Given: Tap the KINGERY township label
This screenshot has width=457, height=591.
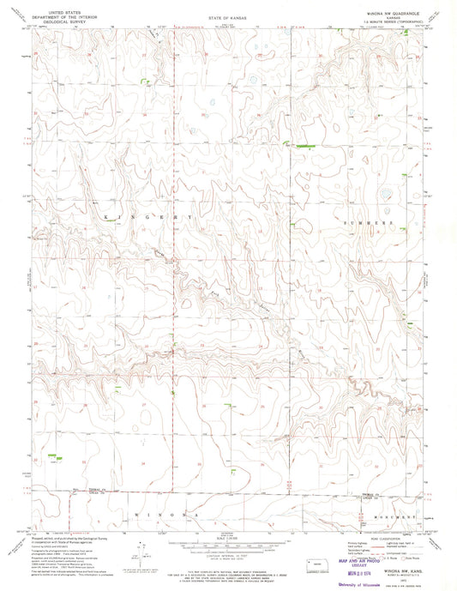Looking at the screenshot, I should click(147, 218).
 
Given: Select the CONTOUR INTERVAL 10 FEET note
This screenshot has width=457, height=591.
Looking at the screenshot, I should click(225, 557).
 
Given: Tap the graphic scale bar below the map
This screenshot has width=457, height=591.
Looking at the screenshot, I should click(225, 546).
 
